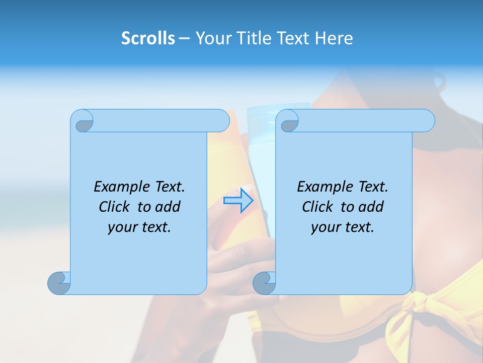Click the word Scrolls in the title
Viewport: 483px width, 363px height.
pyautogui.click(x=148, y=38)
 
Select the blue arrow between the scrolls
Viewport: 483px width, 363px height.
pyautogui.click(x=238, y=201)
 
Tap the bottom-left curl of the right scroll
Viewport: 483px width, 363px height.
pyautogui.click(x=264, y=283)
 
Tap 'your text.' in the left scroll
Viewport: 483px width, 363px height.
pyautogui.click(x=139, y=227)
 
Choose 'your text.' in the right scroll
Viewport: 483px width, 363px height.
pyautogui.click(x=343, y=227)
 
